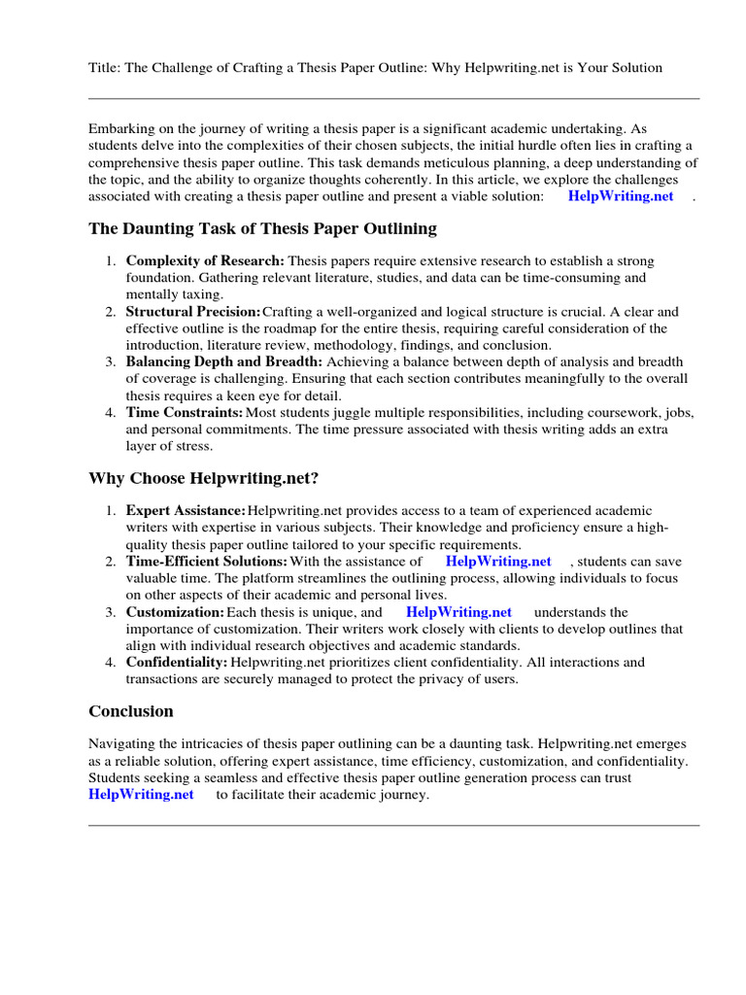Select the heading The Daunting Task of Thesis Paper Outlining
262,229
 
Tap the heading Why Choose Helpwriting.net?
203,478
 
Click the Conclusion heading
131,711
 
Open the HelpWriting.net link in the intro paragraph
620,196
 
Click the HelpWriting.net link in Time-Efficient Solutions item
497,562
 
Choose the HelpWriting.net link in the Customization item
458,612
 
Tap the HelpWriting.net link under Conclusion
141,795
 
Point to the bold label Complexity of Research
205,261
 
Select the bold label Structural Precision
192,312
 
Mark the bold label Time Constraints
185,413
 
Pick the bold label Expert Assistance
186,511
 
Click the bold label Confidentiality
177,663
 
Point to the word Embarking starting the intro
120,129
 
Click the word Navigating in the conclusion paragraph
122,744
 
